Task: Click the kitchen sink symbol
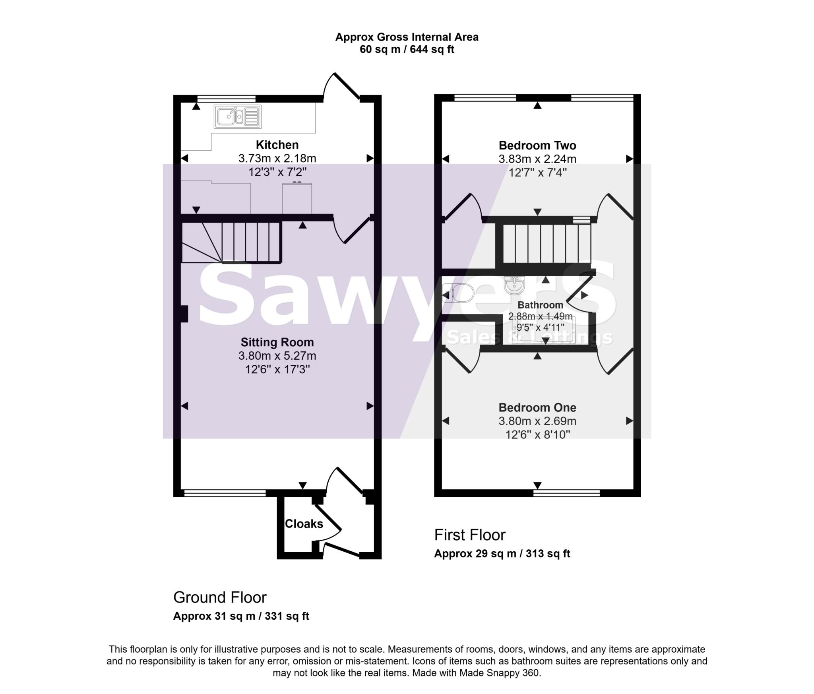pyautogui.click(x=238, y=116)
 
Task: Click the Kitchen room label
pyautogui.click(x=277, y=145)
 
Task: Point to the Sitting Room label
pyautogui.click(x=277, y=342)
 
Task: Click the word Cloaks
pyautogui.click(x=304, y=524)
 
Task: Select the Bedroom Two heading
pyautogui.click(x=537, y=145)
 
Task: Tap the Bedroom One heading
pyautogui.click(x=537, y=407)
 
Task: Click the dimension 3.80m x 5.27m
pyautogui.click(x=277, y=356)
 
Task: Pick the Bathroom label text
pyautogui.click(x=540, y=305)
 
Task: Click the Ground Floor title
pyautogui.click(x=219, y=597)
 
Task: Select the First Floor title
pyautogui.click(x=469, y=535)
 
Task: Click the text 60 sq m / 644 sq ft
pyautogui.click(x=407, y=50)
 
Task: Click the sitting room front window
pyautogui.click(x=225, y=493)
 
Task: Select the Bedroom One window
pyautogui.click(x=566, y=493)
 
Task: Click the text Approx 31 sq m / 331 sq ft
pyautogui.click(x=241, y=616)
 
